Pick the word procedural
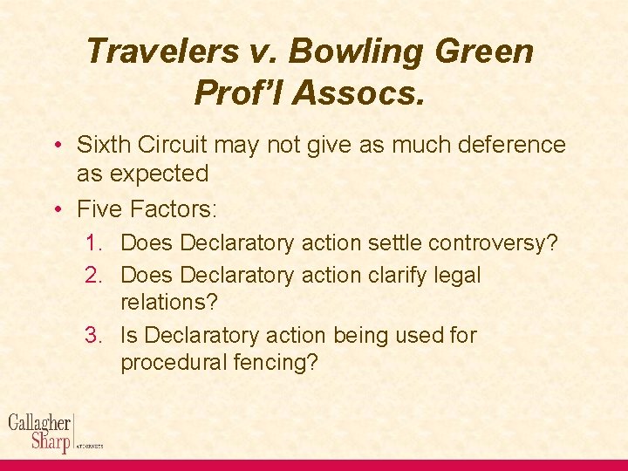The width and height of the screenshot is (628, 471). (179, 362)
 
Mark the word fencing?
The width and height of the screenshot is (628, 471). (279, 362)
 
